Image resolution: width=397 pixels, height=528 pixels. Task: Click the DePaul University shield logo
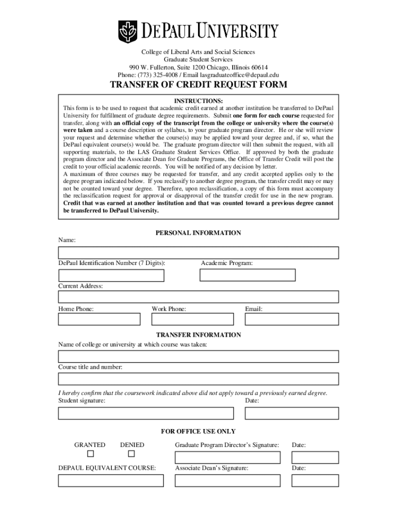[x=128, y=31]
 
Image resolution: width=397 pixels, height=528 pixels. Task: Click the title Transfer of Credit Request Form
[x=198, y=85]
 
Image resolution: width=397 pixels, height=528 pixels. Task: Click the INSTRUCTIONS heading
[x=198, y=101]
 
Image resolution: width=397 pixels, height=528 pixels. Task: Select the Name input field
[x=198, y=253]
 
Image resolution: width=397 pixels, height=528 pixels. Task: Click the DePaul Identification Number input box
[x=111, y=275]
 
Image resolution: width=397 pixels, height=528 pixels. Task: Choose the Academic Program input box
[x=247, y=275]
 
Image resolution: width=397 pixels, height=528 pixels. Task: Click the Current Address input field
[x=198, y=297]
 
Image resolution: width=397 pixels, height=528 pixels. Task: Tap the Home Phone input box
[x=99, y=319]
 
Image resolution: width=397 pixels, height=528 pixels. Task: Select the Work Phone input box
[x=192, y=319]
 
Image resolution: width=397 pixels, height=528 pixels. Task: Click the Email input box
[x=292, y=319]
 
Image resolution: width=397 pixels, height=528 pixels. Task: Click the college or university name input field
[x=198, y=356]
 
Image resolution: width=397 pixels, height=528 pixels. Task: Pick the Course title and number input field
[x=198, y=379]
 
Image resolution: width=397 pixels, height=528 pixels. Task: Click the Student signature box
[x=146, y=414]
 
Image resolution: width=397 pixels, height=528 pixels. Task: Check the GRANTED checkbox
[x=91, y=454]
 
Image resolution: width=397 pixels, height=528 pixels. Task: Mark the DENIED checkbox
[x=131, y=454]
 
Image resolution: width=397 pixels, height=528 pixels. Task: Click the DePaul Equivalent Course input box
[x=111, y=481]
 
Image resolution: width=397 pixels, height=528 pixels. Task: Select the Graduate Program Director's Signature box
[x=227, y=457]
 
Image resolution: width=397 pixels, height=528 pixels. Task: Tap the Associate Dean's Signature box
[x=227, y=481]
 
